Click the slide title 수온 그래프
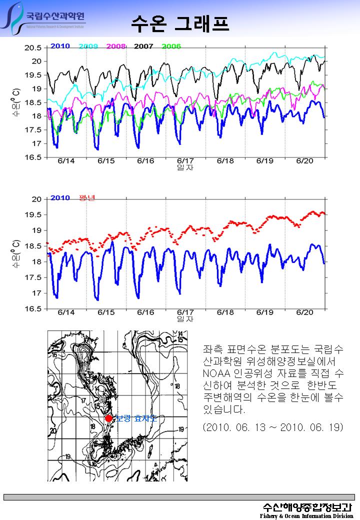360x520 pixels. [x=180, y=22]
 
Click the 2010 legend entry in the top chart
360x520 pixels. [x=60, y=46]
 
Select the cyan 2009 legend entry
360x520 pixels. [x=88, y=46]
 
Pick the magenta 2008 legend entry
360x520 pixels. [x=116, y=46]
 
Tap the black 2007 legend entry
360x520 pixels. [x=143, y=46]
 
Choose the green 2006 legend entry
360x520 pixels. [x=171, y=46]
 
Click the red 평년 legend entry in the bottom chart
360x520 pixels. [x=87, y=197]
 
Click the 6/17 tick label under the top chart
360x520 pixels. [x=185, y=161]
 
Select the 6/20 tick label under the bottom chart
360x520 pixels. [x=304, y=312]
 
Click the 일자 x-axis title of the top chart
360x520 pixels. [x=185, y=167]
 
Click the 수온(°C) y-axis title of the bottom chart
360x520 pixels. [x=15, y=253]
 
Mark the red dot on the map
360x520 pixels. [x=108, y=418]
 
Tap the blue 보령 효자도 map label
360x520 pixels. [x=136, y=418]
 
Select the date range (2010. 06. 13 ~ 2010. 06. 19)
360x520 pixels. [x=273, y=428]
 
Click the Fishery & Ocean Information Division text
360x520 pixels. [x=306, y=515]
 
